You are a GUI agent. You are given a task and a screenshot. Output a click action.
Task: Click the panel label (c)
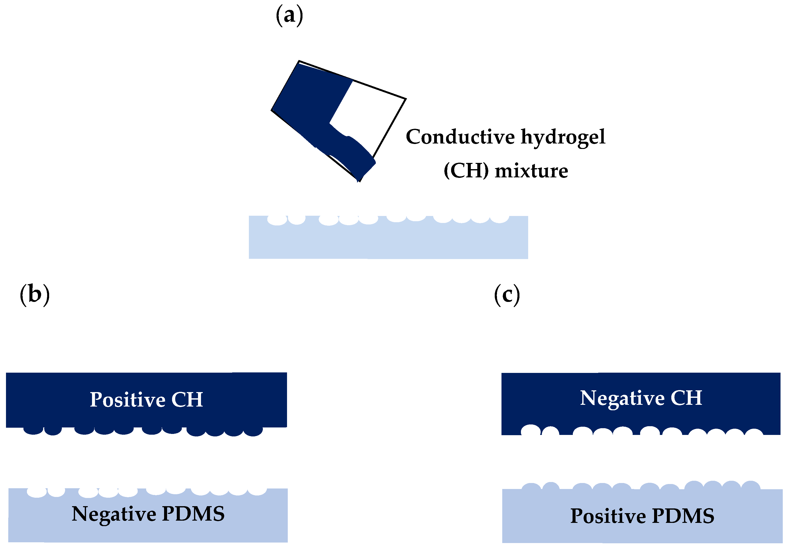point(507,295)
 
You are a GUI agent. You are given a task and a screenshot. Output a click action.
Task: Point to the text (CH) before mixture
point(466,171)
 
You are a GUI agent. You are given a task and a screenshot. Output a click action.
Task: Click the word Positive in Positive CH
point(127,400)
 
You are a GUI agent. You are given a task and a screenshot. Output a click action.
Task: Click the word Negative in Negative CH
point(622,399)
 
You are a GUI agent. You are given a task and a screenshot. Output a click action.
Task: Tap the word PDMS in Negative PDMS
point(193,514)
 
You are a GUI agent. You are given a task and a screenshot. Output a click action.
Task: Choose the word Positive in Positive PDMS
point(608,516)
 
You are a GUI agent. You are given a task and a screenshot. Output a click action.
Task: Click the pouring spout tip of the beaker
point(359,179)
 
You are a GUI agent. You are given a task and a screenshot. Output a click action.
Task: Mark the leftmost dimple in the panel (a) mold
point(277,220)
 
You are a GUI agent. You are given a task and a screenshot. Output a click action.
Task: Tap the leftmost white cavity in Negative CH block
point(531,430)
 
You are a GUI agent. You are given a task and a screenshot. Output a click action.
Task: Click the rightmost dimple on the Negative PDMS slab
point(257,491)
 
